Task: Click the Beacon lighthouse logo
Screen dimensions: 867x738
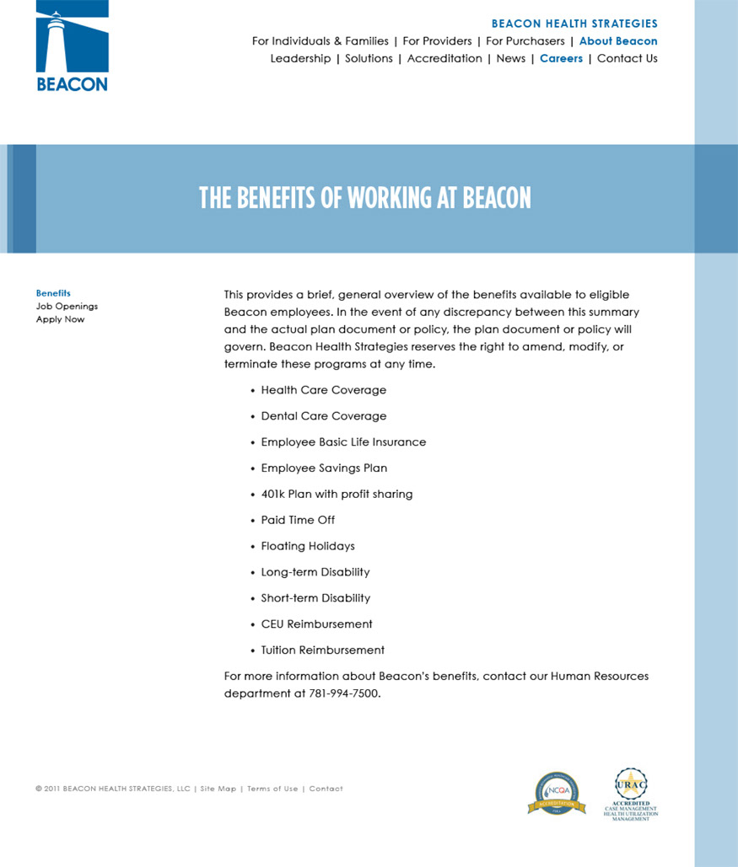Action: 72,46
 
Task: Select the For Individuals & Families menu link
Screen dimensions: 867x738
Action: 320,41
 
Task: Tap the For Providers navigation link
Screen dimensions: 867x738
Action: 437,41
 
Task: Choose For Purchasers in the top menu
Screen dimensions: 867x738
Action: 525,41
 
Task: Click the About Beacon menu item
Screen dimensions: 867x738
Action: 618,41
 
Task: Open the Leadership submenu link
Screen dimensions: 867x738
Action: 300,59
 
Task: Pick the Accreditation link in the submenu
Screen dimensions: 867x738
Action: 444,59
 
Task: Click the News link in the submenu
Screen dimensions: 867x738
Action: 510,59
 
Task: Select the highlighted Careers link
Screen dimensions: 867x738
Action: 561,59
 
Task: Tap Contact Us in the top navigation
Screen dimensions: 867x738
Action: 627,59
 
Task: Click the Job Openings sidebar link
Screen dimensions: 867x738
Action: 67,307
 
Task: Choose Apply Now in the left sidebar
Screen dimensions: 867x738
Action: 60,319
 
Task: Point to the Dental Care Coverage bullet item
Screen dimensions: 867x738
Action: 323,416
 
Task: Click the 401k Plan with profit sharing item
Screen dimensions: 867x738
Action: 337,495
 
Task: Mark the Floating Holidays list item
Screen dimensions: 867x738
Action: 308,546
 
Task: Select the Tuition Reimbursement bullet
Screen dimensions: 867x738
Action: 322,650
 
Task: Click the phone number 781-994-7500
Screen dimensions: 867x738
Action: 344,694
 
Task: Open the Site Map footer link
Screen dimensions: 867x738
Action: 218,789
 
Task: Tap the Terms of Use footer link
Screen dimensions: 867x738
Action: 272,789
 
